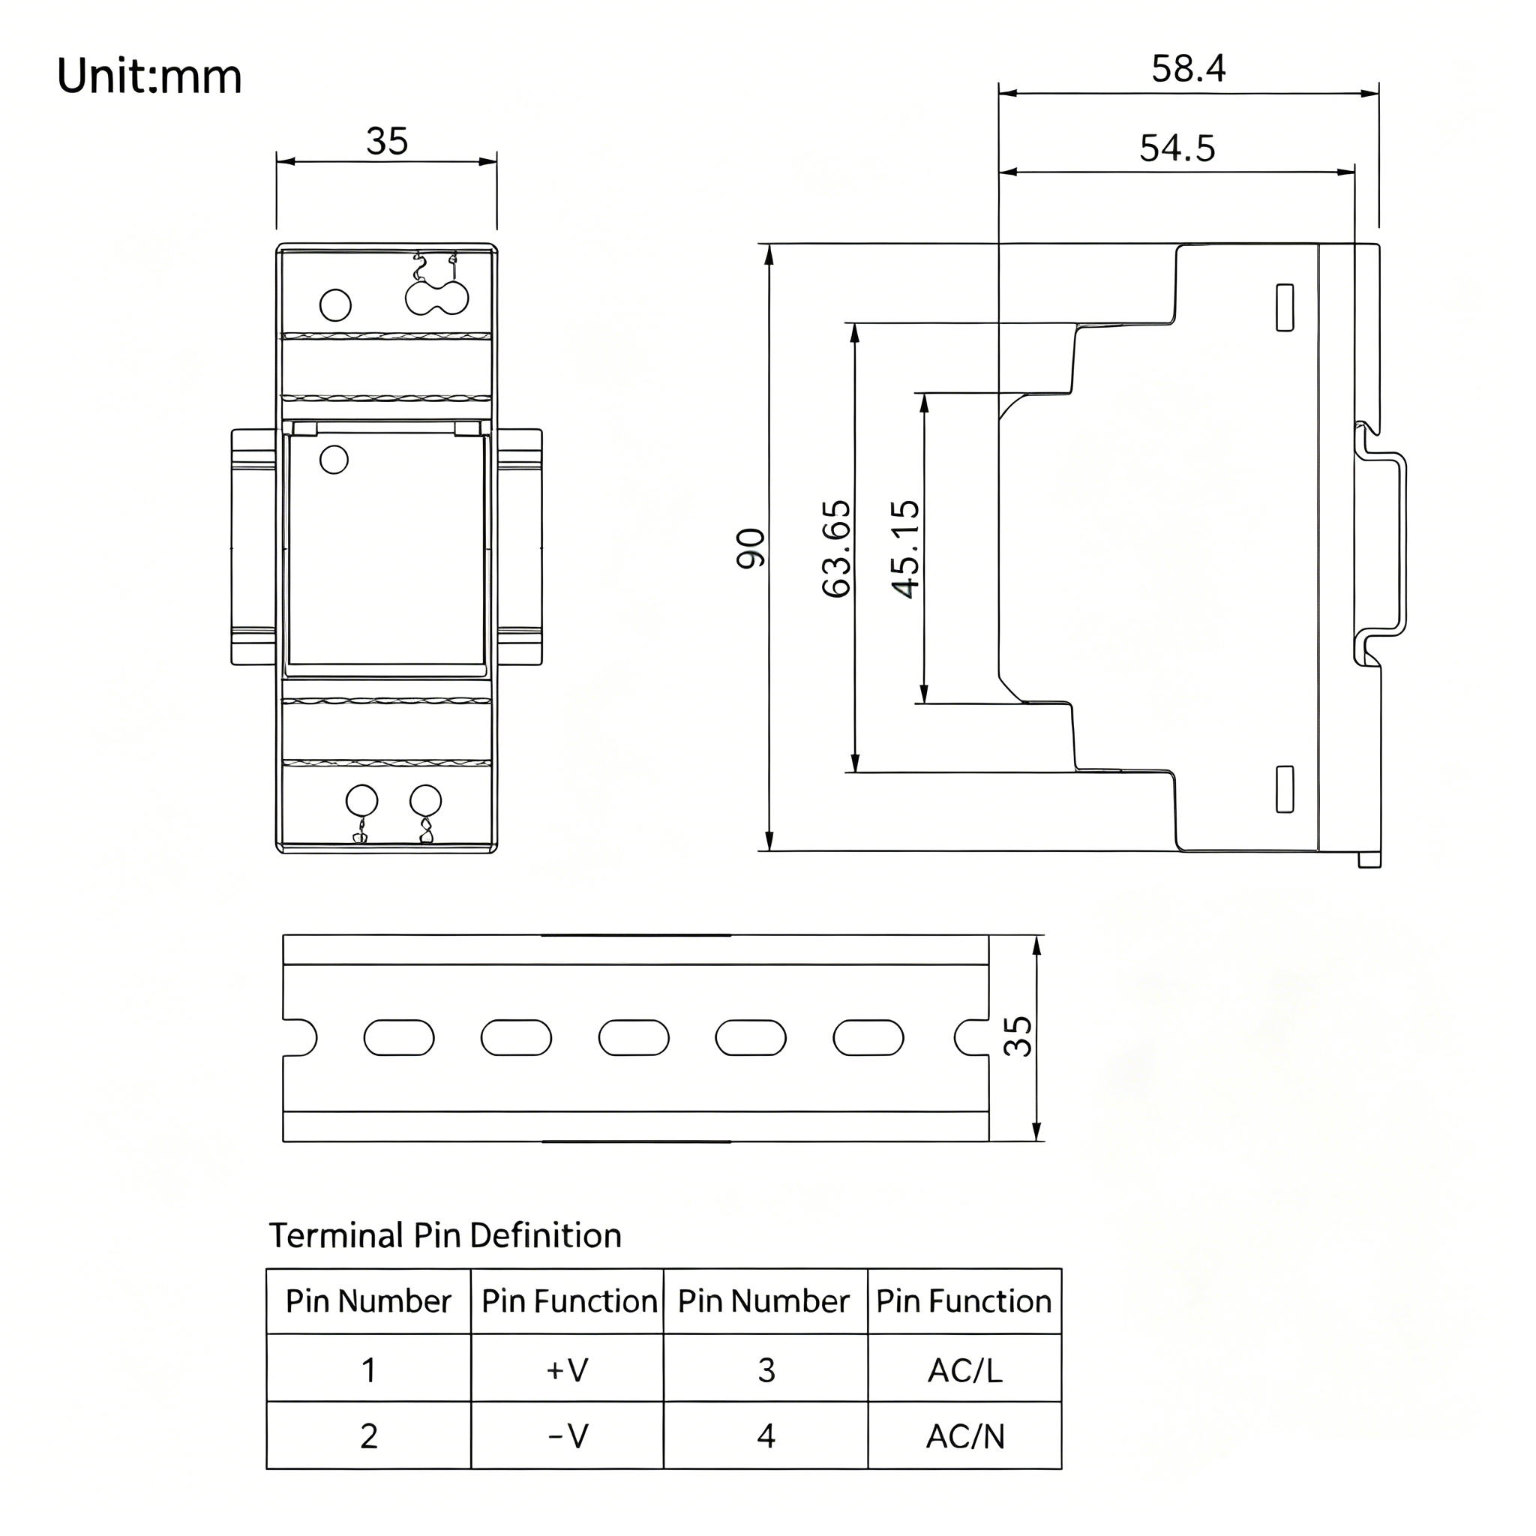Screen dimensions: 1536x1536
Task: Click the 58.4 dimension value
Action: point(1189,69)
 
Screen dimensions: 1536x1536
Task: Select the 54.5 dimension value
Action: point(1177,148)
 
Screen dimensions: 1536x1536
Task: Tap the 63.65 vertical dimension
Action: point(836,548)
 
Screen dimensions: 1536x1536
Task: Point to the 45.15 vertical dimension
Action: point(905,548)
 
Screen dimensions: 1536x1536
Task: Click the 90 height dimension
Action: point(751,548)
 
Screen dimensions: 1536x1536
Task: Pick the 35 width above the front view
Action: point(387,142)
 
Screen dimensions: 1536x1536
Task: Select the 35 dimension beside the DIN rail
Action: point(1018,1036)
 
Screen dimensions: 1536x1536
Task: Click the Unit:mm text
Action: point(149,77)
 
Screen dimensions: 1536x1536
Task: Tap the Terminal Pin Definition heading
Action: point(445,1234)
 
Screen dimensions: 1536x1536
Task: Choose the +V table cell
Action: point(567,1369)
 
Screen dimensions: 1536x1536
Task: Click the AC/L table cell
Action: point(964,1369)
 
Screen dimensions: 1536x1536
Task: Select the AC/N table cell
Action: point(965,1435)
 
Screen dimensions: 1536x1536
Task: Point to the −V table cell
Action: point(568,1435)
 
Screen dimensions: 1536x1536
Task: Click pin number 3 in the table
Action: point(766,1369)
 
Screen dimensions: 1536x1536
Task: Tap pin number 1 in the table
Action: point(369,1369)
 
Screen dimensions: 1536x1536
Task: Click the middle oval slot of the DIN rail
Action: point(634,1037)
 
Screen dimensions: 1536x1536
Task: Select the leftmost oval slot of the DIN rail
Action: point(399,1037)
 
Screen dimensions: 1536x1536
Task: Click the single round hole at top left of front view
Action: point(335,305)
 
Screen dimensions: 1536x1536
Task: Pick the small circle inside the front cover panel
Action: point(334,460)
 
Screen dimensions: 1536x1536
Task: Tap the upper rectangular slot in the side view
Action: point(1285,307)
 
